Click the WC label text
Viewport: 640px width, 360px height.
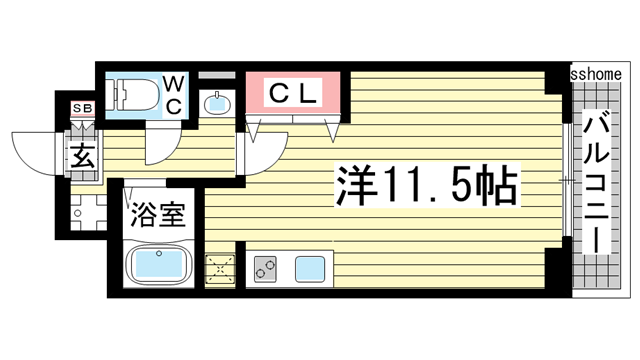point(171,93)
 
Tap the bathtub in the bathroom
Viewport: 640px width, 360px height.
point(158,267)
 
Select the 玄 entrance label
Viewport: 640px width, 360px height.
point(81,156)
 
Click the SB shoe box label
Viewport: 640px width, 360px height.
point(79,108)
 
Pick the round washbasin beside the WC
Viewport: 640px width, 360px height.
point(216,102)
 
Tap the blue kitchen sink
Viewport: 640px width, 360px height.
point(310,268)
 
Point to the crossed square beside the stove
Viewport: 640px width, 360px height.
point(219,269)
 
